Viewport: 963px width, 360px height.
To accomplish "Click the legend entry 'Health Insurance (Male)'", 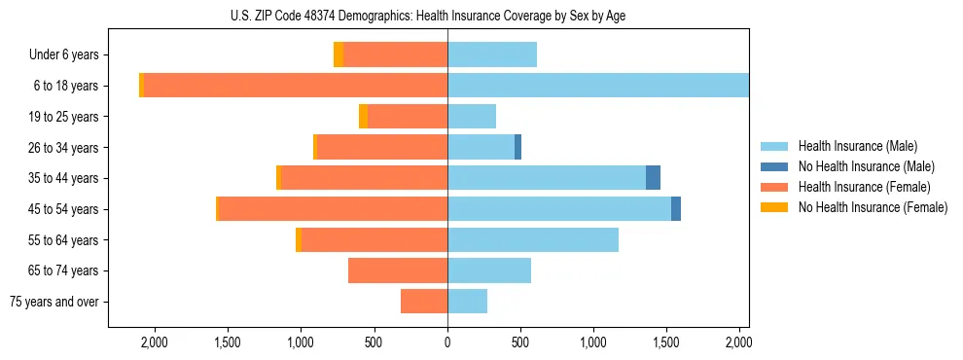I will pos(856,146).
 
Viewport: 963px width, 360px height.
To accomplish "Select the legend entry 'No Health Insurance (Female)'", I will pos(873,207).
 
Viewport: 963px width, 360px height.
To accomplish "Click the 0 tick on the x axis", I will pos(447,342).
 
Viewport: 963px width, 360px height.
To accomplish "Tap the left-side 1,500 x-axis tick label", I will pos(228,342).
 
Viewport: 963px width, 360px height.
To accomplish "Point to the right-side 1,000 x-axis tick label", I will pos(593,342).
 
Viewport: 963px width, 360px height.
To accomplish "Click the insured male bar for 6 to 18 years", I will pos(598,86).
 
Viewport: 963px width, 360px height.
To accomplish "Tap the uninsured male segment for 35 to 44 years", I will pos(653,178).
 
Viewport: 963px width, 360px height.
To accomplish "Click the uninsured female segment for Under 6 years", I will pos(339,55).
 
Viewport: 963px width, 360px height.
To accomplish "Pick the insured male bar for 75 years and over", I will pos(467,302).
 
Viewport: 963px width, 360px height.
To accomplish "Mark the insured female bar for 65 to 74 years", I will pos(398,270).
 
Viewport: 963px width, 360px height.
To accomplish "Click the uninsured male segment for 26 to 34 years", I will pos(517,148).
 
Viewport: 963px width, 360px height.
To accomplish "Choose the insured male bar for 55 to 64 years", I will pos(533,240).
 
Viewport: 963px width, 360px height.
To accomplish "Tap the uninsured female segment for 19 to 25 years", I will pos(363,117).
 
